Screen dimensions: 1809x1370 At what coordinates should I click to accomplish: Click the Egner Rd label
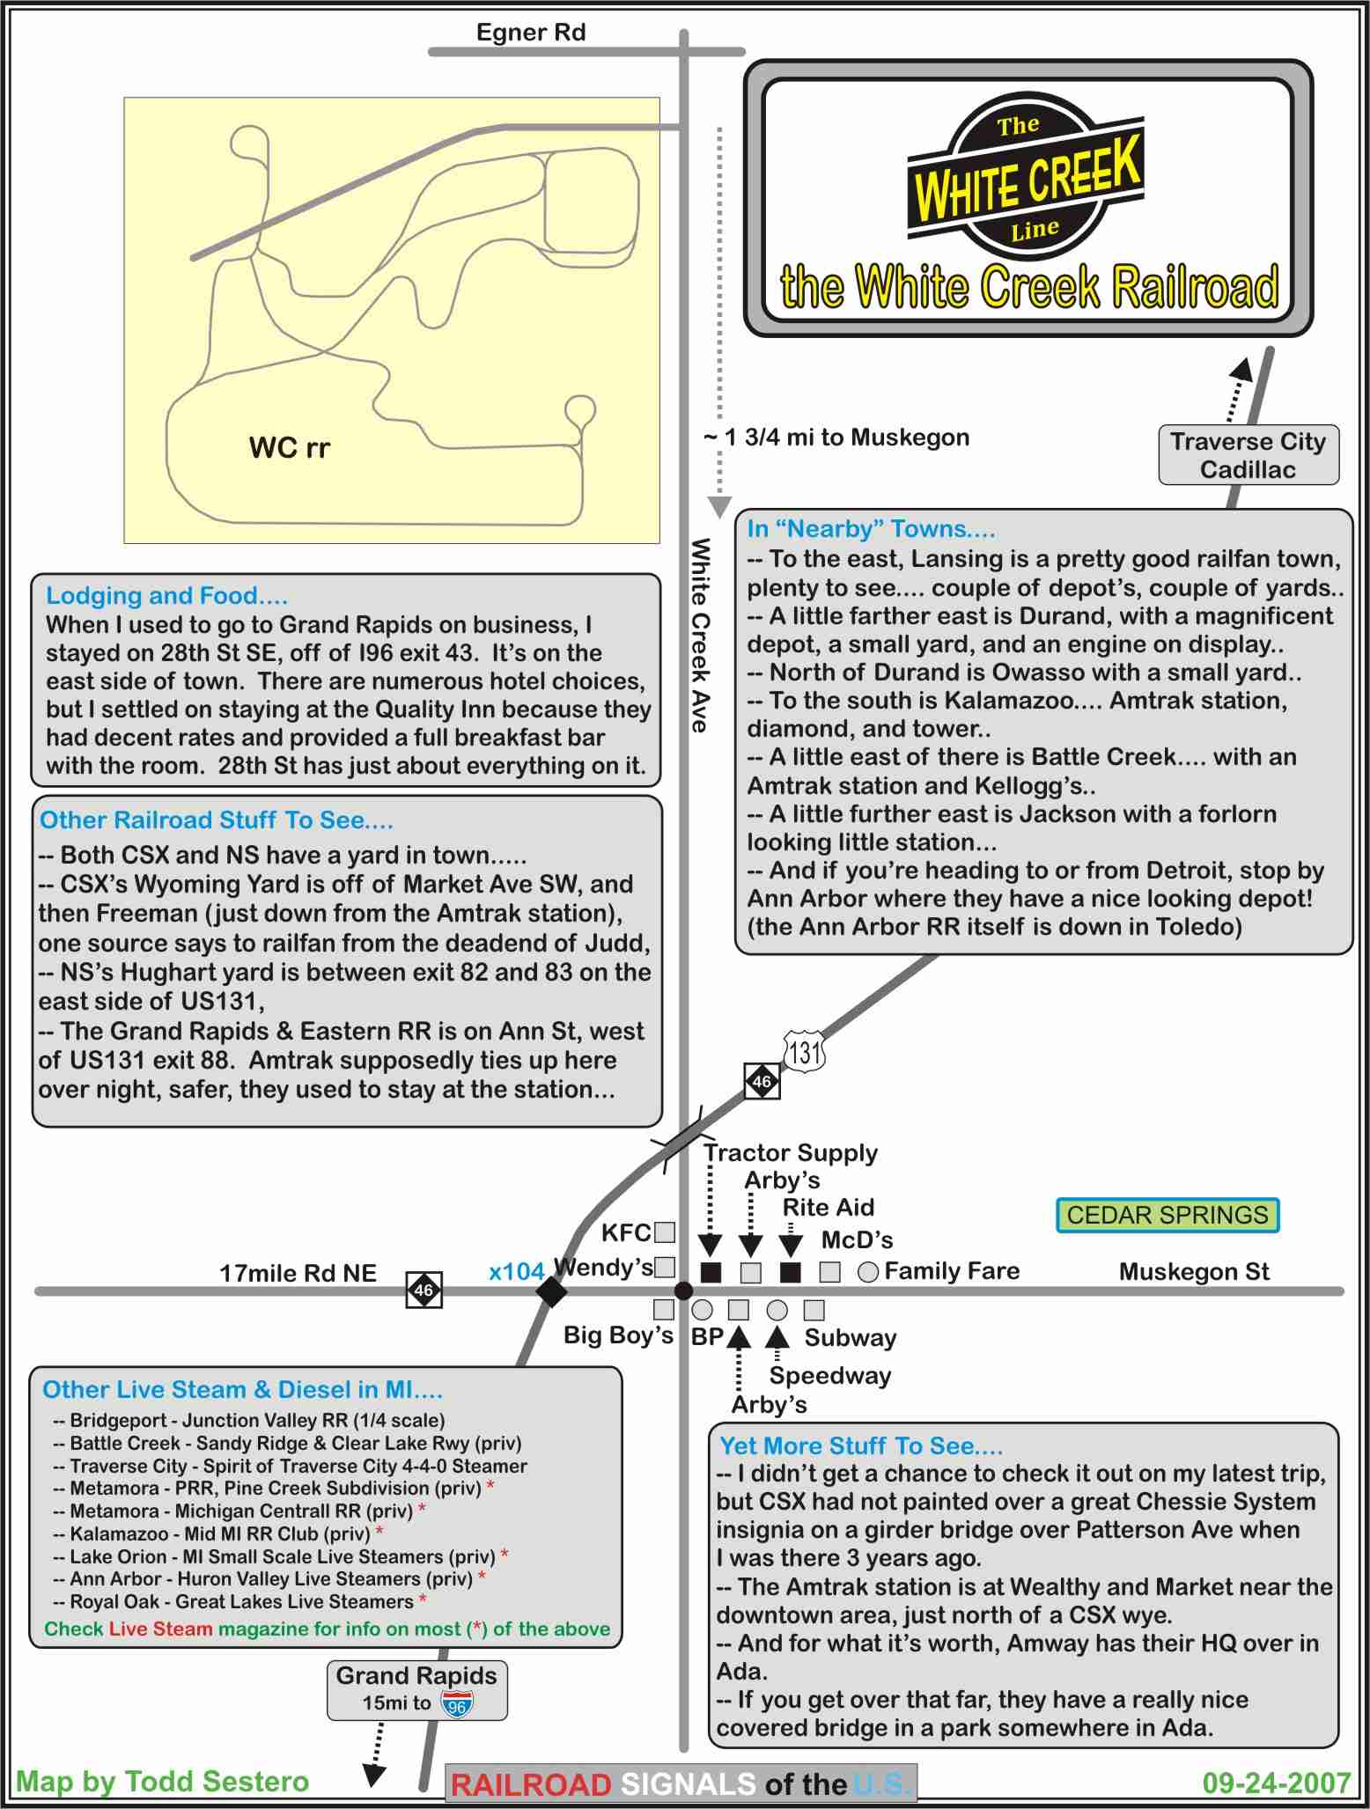[x=530, y=33]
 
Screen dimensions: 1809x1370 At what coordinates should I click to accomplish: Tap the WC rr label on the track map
[x=289, y=448]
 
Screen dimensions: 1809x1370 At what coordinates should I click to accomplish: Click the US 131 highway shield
[x=804, y=1052]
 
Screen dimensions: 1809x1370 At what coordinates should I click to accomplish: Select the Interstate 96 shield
[x=457, y=1703]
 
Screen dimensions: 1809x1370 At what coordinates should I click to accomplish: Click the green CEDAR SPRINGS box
[x=1167, y=1215]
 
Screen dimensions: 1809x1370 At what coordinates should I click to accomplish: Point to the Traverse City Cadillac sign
[x=1248, y=455]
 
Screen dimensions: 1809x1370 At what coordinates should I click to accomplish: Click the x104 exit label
[x=516, y=1271]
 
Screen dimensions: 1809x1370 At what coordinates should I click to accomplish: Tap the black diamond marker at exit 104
[x=552, y=1291]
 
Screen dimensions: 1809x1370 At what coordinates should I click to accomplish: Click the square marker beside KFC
[x=665, y=1232]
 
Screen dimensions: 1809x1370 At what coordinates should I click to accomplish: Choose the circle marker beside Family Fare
[x=868, y=1272]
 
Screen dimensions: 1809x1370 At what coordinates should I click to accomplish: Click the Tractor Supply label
[x=790, y=1152]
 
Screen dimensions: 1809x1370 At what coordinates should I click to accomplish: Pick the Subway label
[x=850, y=1338]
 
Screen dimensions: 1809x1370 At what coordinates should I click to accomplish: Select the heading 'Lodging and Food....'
[x=166, y=596]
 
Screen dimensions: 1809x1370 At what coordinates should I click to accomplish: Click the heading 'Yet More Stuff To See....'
[x=861, y=1446]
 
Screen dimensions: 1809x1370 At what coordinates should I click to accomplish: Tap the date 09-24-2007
[x=1277, y=1783]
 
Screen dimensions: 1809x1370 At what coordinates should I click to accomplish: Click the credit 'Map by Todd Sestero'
[x=163, y=1782]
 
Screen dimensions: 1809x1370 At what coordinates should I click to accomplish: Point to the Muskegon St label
[x=1194, y=1271]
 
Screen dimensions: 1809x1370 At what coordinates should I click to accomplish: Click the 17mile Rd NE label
[x=298, y=1273]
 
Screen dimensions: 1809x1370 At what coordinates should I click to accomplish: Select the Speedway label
[x=830, y=1375]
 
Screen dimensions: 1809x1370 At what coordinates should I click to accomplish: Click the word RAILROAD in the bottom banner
[x=531, y=1784]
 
